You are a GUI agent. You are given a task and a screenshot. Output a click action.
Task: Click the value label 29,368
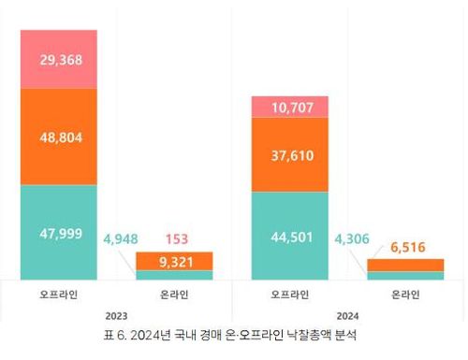coord(59,59)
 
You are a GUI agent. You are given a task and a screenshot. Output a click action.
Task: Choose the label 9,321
coord(174,262)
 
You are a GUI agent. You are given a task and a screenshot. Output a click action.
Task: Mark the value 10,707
coord(289,108)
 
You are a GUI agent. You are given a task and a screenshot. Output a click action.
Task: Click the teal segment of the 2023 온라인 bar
coord(174,275)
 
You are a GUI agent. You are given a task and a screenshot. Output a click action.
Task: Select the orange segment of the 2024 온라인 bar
coord(405,266)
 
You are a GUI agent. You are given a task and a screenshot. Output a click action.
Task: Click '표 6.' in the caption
coord(120,335)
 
